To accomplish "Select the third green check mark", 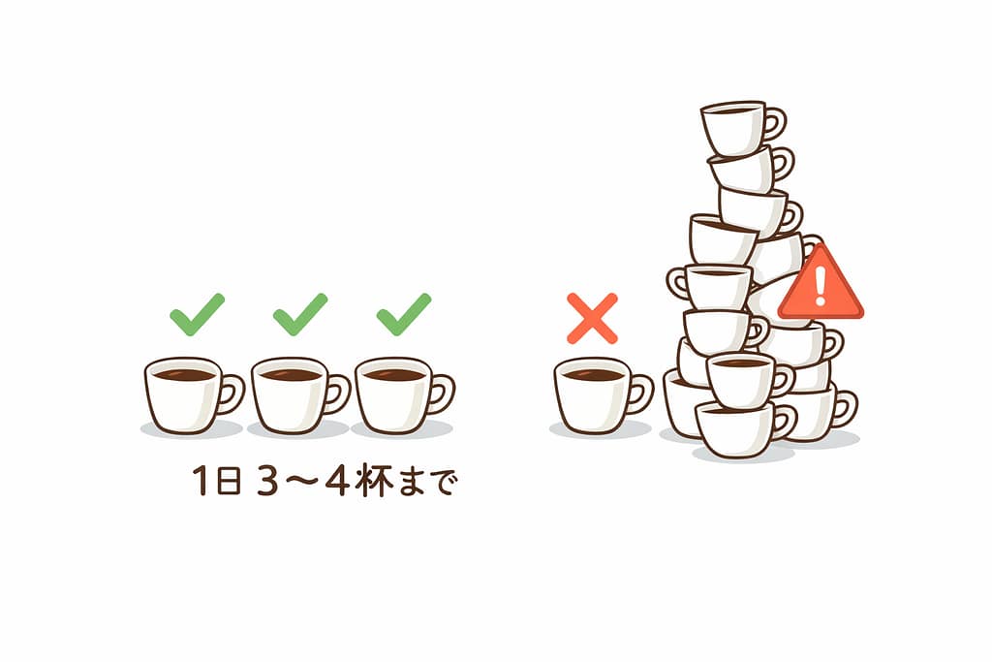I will pos(403,315).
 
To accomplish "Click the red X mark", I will pos(592,319).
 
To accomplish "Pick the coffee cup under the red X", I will pos(592,394).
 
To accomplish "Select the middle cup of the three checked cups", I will pos(288,394).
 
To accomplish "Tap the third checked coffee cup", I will pos(392,394).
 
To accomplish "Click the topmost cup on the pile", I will pos(733,127).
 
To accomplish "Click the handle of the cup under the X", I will pos(639,393).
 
